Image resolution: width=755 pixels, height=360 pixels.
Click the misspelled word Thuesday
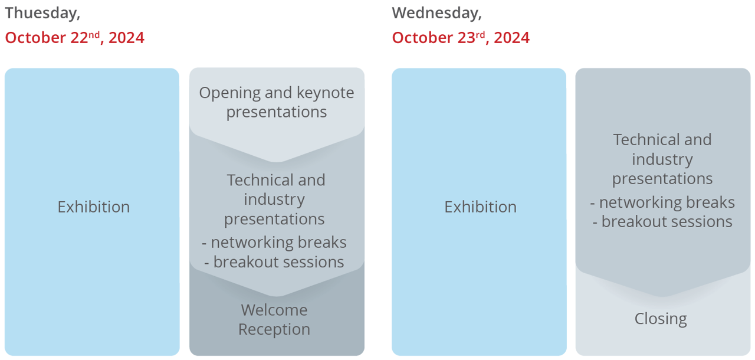coord(42,14)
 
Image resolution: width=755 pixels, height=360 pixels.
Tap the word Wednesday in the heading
coord(436,14)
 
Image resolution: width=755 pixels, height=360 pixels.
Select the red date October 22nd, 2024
coord(74,37)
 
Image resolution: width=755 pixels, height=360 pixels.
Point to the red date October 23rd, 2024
coord(461,37)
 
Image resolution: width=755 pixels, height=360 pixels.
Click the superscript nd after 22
coord(94,34)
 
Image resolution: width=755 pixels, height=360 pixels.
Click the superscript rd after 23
coord(480,34)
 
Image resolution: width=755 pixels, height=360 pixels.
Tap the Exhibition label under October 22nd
coord(93,207)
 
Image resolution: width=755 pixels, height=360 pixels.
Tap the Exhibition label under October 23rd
coord(480,207)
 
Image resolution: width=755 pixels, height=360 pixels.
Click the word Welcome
coord(274,310)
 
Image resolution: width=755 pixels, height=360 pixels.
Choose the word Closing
coord(661,319)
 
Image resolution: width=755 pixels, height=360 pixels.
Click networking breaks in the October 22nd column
coord(278,243)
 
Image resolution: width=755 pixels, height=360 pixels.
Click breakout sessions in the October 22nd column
coord(278,262)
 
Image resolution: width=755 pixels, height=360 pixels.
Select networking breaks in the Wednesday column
coord(667,202)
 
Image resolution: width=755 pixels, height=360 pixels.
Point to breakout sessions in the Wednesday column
coord(667,222)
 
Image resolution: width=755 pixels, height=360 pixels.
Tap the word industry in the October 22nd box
coord(274,200)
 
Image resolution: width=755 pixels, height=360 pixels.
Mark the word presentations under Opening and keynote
coord(277,113)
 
